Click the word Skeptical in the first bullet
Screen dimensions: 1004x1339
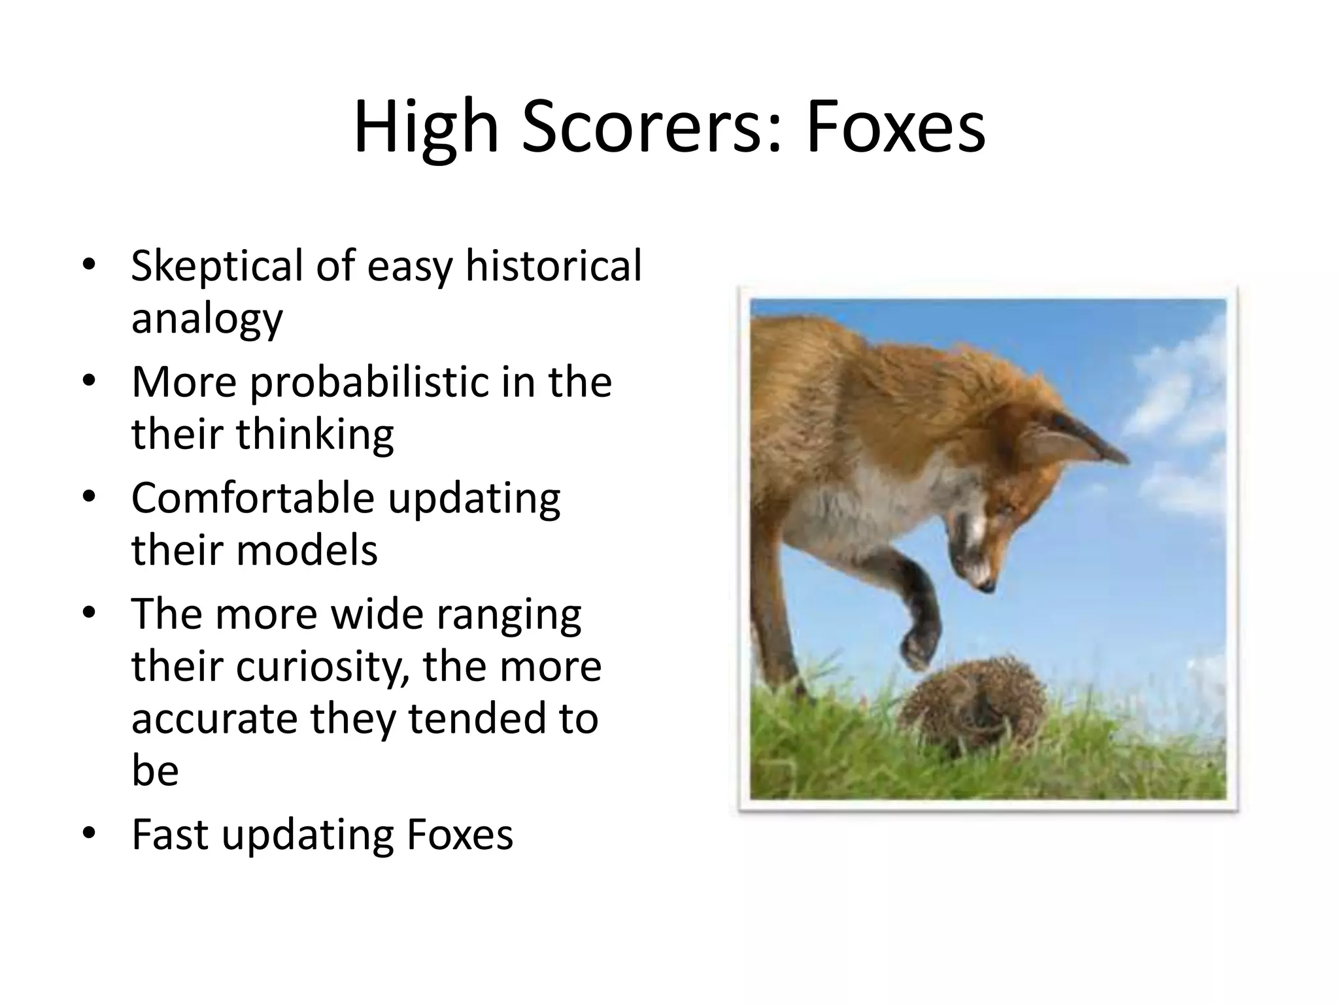216,267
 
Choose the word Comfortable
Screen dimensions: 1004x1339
252,498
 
